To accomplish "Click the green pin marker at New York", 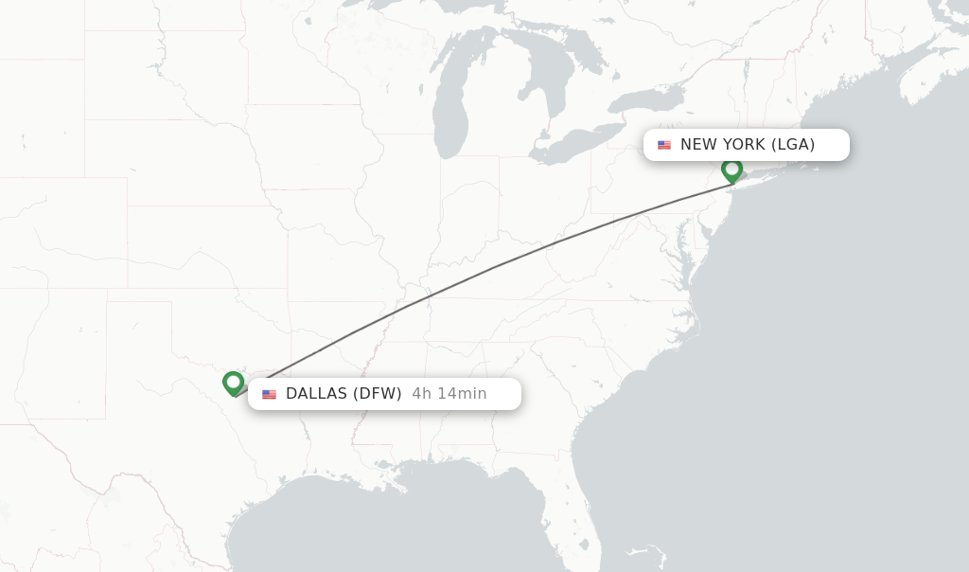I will pyautogui.click(x=731, y=170).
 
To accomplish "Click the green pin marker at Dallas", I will pyautogui.click(x=233, y=383).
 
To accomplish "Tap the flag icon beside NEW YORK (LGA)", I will pyautogui.click(x=664, y=145).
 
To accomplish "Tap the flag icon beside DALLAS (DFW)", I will pyautogui.click(x=270, y=394).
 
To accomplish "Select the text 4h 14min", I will pyautogui.click(x=449, y=394).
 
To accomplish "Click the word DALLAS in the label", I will pyautogui.click(x=316, y=394).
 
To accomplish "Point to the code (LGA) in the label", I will pyautogui.click(x=792, y=145).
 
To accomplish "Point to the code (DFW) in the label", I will pyautogui.click(x=377, y=394).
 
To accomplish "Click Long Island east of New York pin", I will pyautogui.click(x=766, y=172).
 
